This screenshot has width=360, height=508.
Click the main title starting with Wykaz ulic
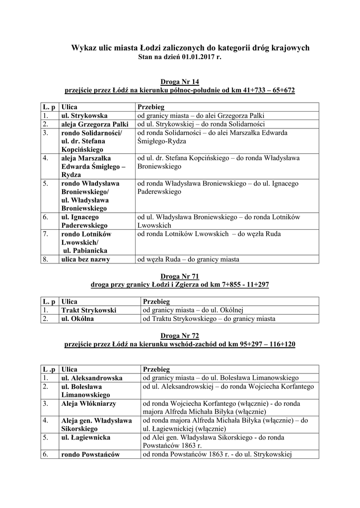point(190,48)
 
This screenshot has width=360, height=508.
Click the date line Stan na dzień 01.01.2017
point(180,57)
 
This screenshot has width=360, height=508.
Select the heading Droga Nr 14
point(180,81)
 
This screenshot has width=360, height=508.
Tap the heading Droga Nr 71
point(180,276)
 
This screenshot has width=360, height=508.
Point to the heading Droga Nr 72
point(180,335)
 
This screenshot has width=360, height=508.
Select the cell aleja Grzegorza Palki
point(94,124)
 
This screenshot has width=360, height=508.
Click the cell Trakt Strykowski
point(88,310)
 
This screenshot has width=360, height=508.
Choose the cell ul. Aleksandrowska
point(91,378)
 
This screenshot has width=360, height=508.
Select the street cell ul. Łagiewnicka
point(85,438)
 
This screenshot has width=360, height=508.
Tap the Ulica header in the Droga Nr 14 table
point(69,107)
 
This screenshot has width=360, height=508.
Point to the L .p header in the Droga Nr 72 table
point(49,370)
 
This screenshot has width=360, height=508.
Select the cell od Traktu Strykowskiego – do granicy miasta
point(209,318)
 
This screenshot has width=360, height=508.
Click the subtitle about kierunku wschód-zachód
point(180,344)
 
